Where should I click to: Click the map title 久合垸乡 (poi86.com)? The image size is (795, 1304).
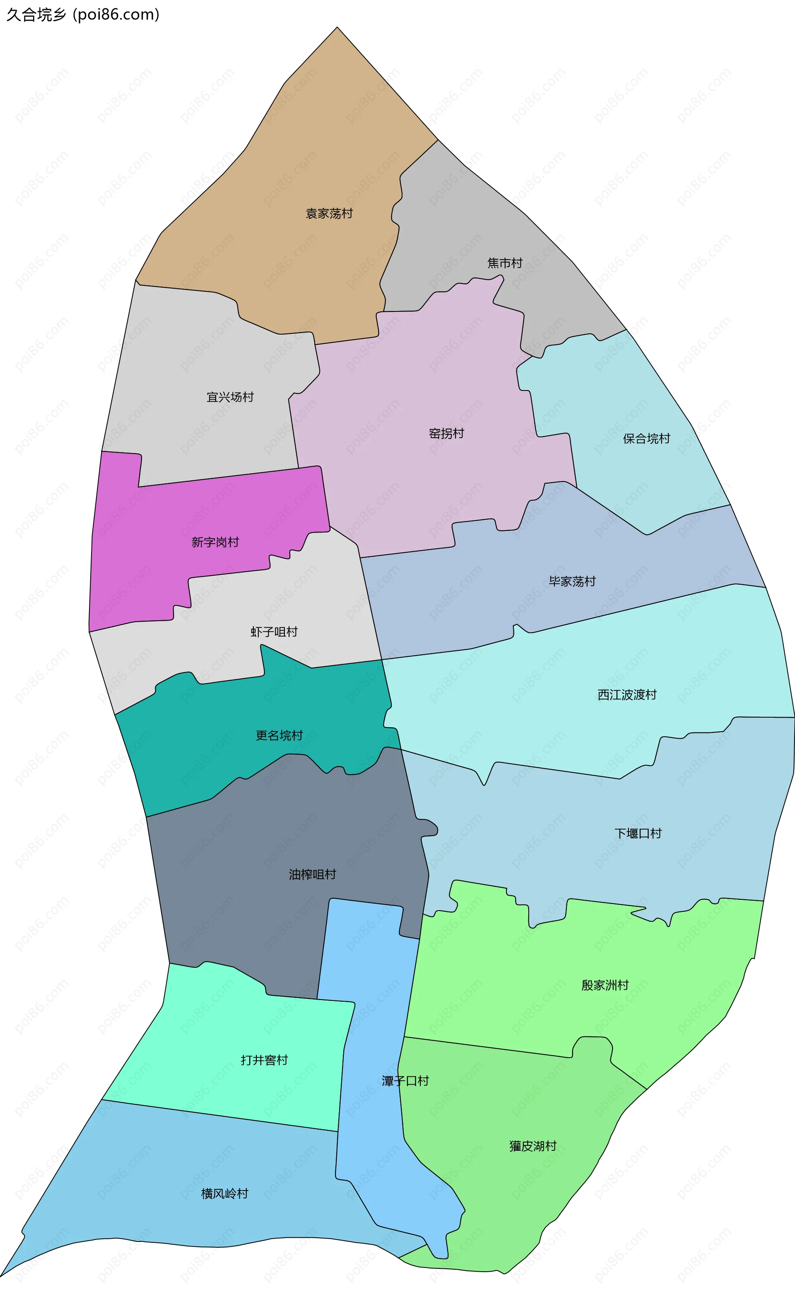tap(82, 14)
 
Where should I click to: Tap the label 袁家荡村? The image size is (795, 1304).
tap(329, 213)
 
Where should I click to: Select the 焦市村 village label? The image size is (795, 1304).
tap(504, 263)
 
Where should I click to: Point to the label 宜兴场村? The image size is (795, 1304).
tap(230, 397)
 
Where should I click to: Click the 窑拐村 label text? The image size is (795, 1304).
tap(446, 434)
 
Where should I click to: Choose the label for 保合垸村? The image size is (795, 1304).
tap(646, 438)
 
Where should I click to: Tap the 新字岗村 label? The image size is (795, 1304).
tap(215, 542)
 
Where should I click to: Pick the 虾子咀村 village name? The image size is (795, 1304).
tap(274, 632)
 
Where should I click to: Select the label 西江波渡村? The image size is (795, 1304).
tap(627, 694)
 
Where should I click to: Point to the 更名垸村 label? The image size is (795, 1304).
tap(279, 735)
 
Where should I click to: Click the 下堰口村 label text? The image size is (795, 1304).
tap(638, 834)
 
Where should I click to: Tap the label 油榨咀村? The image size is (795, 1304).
tap(312, 874)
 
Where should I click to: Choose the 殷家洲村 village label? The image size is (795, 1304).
tap(605, 985)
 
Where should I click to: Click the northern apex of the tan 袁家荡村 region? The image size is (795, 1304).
tap(337, 28)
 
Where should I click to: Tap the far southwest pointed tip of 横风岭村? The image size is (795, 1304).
tap(2, 1275)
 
